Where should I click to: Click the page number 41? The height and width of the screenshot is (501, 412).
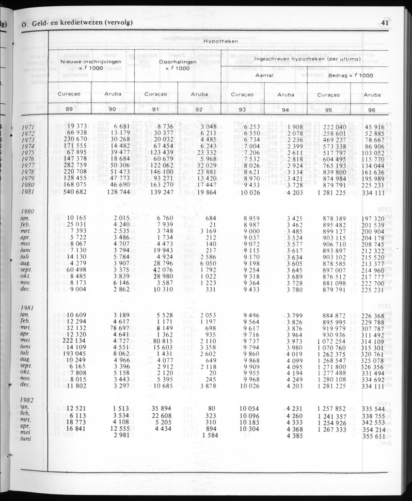386,22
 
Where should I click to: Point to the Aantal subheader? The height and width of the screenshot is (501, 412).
264,76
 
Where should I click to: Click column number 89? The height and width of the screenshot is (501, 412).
69,109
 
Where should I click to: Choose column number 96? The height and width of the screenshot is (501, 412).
372,110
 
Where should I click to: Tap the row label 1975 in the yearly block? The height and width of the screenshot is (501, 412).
29,152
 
